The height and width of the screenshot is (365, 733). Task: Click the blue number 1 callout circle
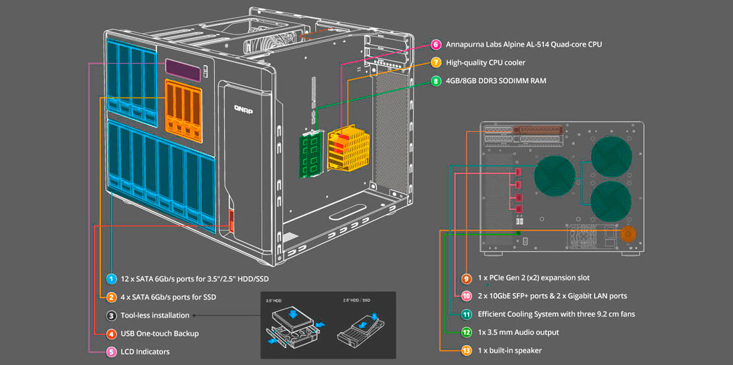pos(112,279)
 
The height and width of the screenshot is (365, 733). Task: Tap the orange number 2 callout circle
pos(112,297)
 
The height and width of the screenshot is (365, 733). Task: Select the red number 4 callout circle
pos(112,334)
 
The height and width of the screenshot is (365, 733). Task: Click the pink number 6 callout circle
pos(436,44)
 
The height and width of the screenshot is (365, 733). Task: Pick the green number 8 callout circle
pos(436,81)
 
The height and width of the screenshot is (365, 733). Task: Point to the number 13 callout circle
pos(466,350)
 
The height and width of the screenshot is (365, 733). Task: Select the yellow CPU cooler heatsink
pos(347,148)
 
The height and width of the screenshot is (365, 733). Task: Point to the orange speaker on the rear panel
pos(627,233)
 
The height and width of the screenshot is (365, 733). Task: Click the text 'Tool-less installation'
pos(155,316)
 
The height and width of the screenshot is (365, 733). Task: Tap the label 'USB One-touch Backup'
pos(159,334)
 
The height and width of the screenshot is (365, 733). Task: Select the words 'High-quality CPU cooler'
pos(485,62)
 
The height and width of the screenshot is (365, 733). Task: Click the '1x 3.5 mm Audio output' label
pos(518,332)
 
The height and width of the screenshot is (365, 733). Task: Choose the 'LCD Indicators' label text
pos(145,352)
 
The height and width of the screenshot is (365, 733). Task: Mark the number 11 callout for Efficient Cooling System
pos(466,314)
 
